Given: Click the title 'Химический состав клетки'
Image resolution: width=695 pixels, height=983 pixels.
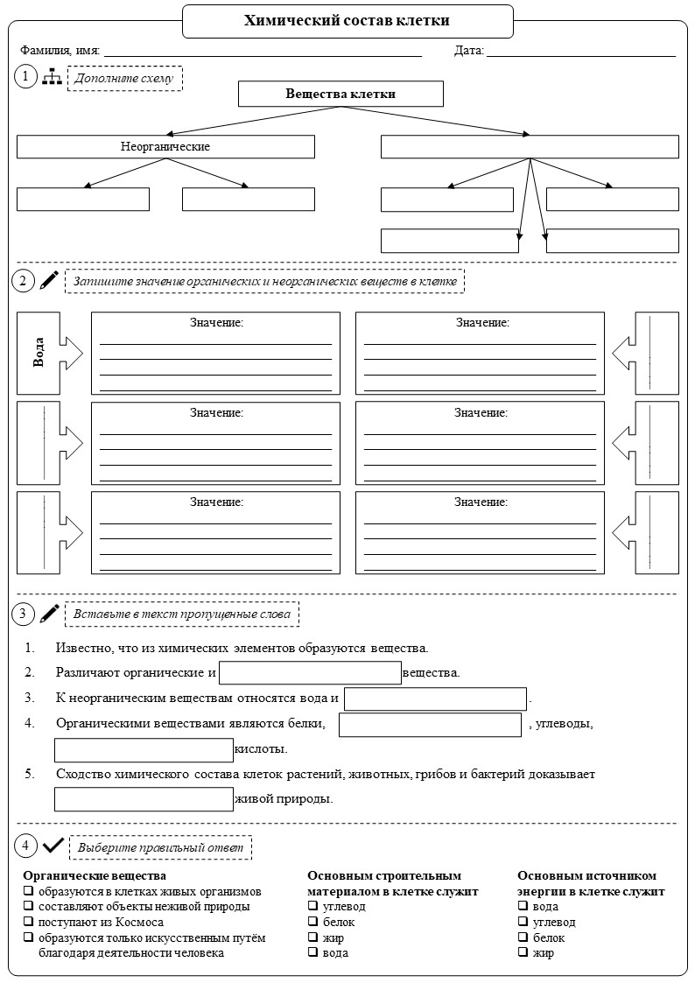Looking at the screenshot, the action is tap(347, 21).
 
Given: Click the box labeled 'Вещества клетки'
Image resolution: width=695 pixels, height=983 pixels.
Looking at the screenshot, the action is tap(340, 94).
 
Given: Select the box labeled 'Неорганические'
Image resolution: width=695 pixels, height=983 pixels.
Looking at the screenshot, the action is tap(165, 147).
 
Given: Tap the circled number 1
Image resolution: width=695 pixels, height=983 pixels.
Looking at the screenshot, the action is tap(25, 76).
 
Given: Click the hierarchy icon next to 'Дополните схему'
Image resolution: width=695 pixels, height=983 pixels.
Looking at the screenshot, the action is tap(52, 77).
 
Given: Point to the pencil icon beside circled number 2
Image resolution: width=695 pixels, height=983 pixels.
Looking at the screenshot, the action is tap(49, 280).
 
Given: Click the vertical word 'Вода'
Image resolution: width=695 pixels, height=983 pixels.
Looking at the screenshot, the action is tap(39, 353).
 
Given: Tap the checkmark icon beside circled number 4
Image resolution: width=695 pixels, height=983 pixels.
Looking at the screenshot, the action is tap(53, 846).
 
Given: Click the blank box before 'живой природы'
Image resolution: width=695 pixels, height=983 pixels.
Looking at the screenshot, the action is tap(144, 798).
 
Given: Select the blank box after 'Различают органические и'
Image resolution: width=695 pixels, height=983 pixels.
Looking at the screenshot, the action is tap(310, 672).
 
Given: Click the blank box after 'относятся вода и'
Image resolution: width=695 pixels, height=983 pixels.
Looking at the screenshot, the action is tap(436, 699).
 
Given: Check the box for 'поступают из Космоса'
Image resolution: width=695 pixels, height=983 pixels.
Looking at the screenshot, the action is tap(28, 923).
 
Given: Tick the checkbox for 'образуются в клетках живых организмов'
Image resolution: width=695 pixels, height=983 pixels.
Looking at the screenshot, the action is tap(28, 891).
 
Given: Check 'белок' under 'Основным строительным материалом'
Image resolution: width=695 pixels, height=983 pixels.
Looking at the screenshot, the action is tap(312, 922).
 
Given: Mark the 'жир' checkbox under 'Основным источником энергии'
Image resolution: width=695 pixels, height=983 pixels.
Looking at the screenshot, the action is tap(523, 952).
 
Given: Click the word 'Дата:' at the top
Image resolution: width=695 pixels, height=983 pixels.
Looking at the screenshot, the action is tap(469, 51).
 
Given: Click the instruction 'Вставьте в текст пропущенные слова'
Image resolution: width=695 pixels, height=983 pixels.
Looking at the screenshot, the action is tap(182, 614).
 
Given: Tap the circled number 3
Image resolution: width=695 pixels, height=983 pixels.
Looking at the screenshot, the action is tap(23, 613).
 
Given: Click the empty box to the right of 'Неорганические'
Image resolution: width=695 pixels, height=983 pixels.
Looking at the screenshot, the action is tap(530, 147).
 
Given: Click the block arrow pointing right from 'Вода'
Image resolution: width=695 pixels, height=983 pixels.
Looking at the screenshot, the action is tap(70, 353).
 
